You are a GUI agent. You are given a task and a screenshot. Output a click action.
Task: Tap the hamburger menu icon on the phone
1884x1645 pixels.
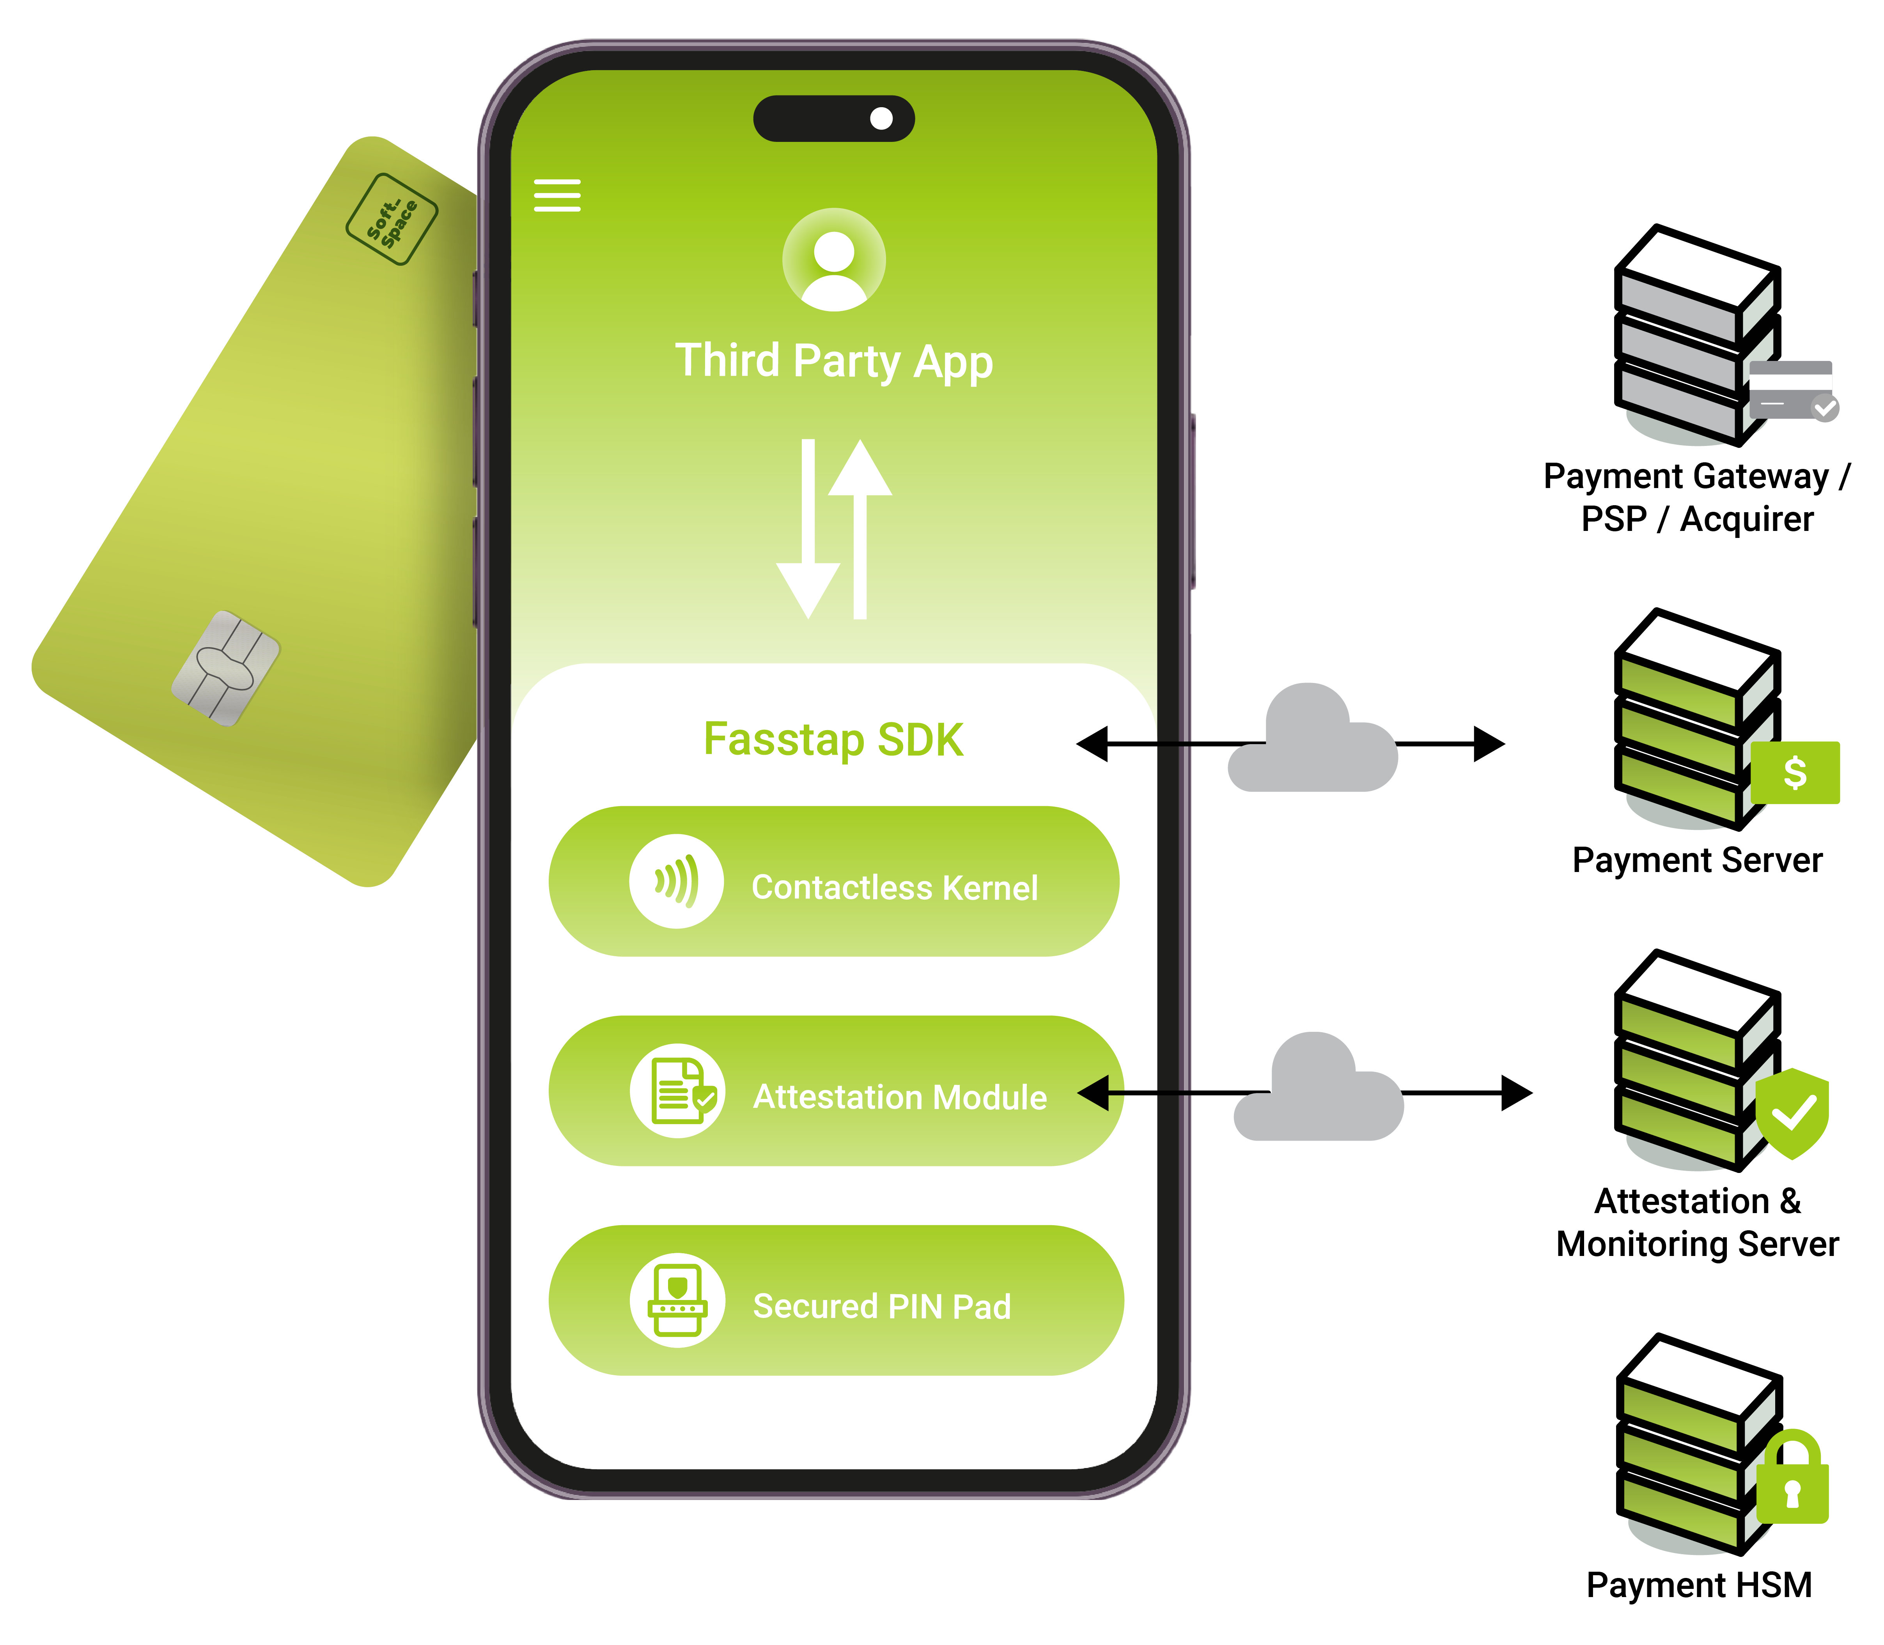pos(557,196)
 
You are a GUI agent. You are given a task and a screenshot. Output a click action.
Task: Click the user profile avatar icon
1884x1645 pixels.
pos(834,260)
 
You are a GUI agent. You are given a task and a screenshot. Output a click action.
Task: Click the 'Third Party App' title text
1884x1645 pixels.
pos(834,361)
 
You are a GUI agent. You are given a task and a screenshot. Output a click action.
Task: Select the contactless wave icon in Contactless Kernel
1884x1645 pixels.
pos(677,881)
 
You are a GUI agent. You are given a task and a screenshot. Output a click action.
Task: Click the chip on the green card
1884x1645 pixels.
pos(226,668)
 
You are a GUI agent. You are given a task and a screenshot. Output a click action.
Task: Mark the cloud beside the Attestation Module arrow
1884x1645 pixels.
pos(1319,1089)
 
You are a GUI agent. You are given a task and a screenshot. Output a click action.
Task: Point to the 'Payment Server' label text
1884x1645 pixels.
pos(1698,860)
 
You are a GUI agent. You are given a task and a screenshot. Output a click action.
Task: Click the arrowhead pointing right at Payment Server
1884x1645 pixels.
pos(1489,743)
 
